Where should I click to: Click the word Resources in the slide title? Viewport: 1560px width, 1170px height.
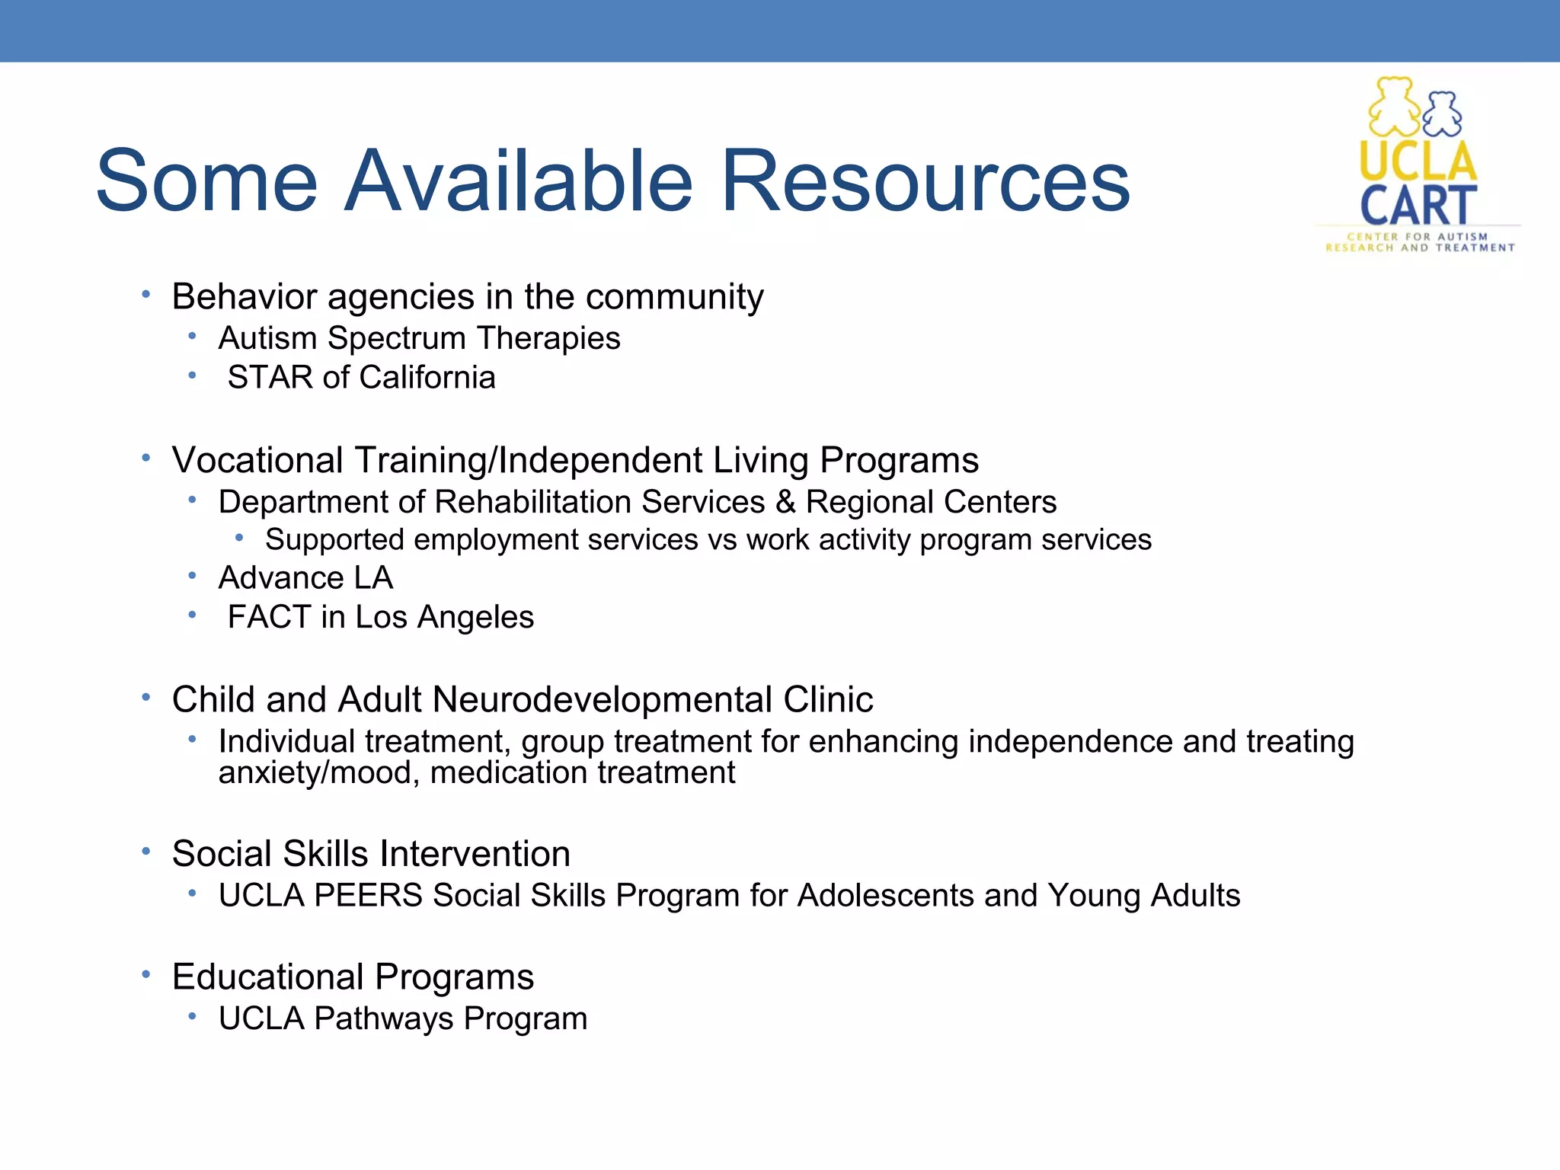point(925,181)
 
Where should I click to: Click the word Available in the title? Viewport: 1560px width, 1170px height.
point(518,181)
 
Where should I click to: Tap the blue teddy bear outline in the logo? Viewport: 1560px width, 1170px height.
point(1442,114)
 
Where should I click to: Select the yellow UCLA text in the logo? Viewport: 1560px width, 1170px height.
point(1418,161)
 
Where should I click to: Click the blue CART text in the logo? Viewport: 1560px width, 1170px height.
point(1418,205)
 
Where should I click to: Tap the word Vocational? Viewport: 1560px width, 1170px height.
point(257,460)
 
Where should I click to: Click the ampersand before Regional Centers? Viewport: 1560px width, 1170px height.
point(785,502)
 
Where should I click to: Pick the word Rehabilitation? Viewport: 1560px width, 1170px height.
point(532,502)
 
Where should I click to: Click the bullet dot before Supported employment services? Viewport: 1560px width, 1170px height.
point(239,539)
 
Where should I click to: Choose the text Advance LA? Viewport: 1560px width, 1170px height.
point(305,578)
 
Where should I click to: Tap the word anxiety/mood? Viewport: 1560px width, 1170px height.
point(318,773)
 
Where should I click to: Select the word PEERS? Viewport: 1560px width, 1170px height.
point(368,896)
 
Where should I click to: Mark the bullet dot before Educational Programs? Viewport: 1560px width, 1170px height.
point(145,975)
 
